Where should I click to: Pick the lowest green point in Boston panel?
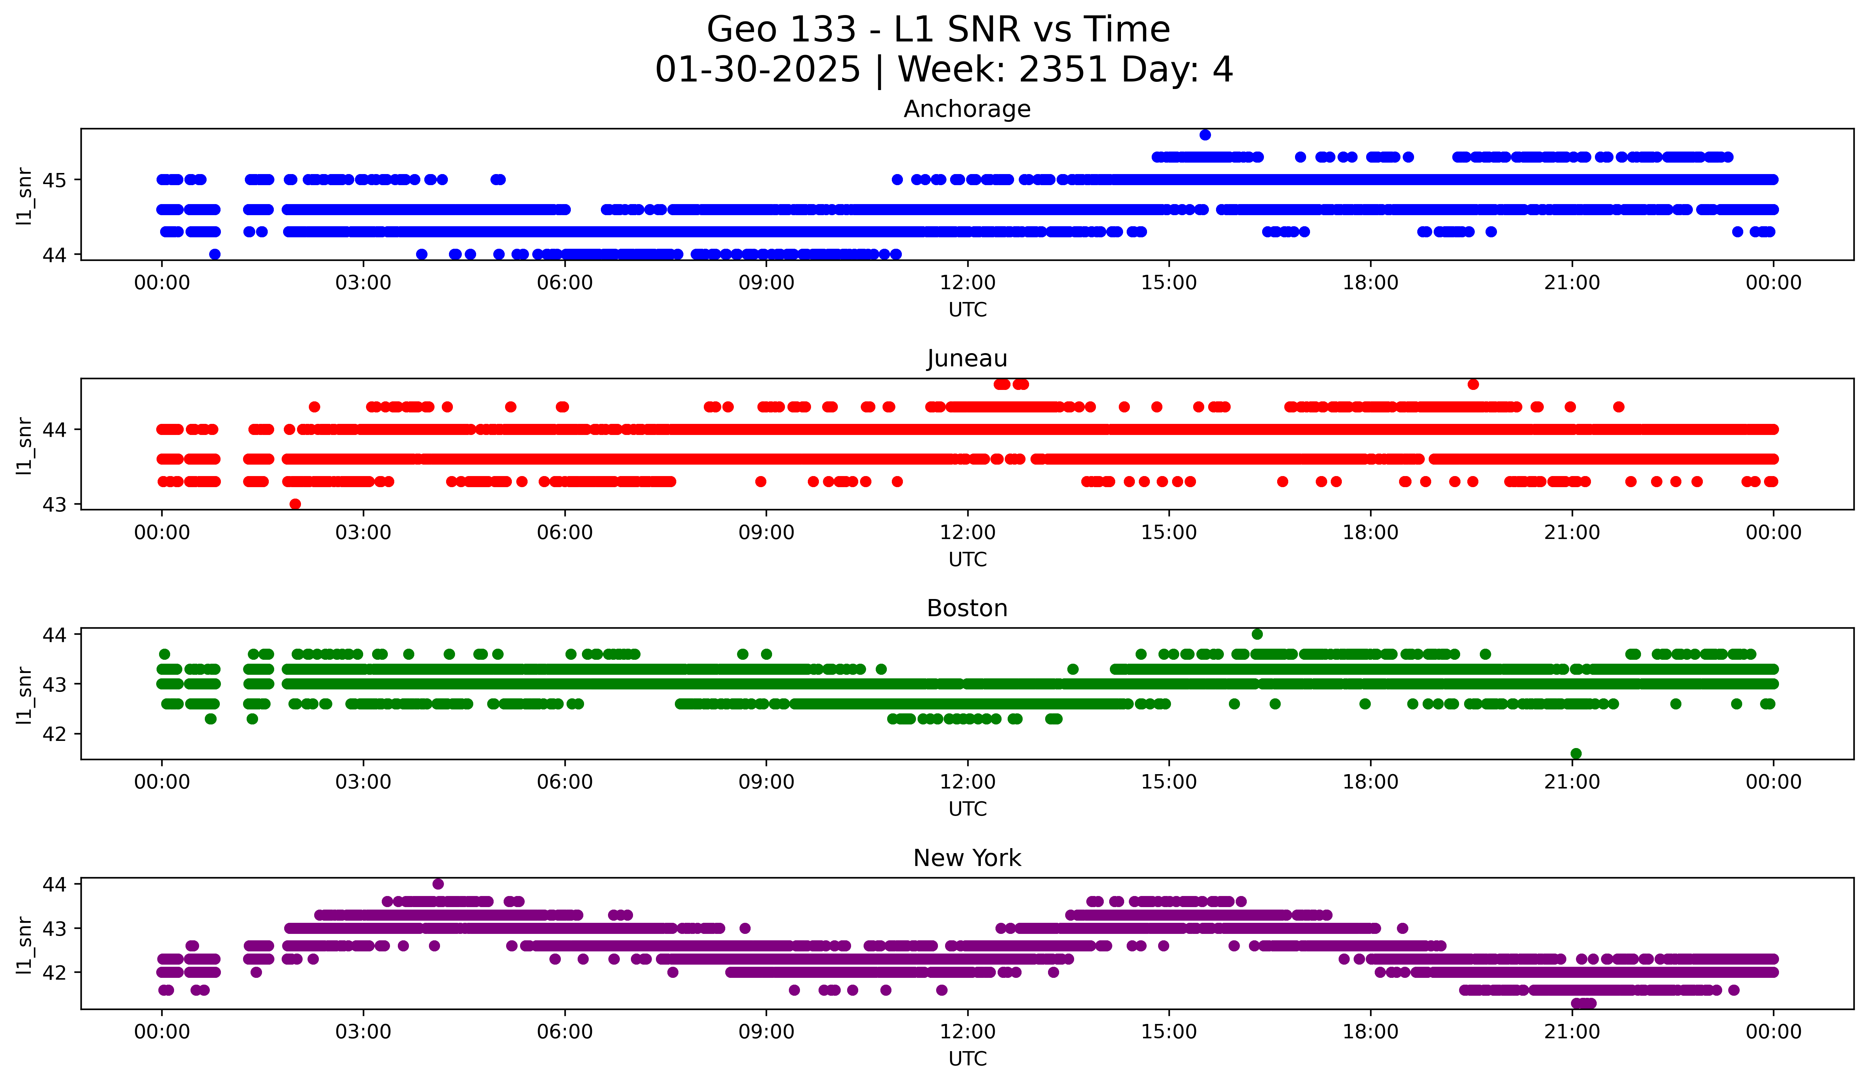[1576, 753]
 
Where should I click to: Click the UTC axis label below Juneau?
[967, 559]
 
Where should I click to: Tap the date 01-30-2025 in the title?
[757, 70]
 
